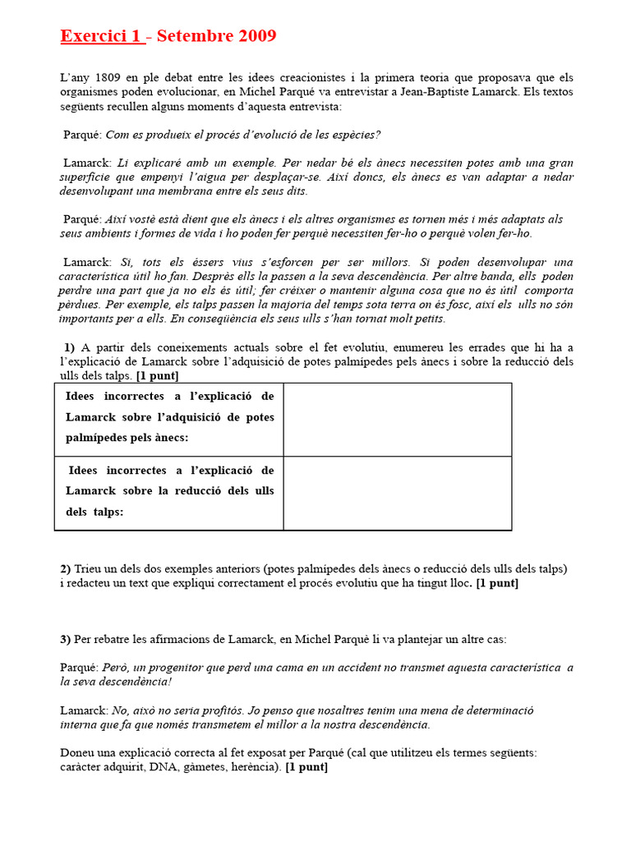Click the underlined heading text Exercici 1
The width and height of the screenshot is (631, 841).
101,36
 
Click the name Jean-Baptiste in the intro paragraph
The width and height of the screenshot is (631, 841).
432,92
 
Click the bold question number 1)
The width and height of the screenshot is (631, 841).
69,347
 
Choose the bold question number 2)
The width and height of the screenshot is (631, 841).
66,569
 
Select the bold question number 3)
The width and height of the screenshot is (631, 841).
66,639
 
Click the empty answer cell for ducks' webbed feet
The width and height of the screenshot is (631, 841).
397,420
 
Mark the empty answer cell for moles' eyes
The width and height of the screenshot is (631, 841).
397,494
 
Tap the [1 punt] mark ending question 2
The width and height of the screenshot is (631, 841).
497,584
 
